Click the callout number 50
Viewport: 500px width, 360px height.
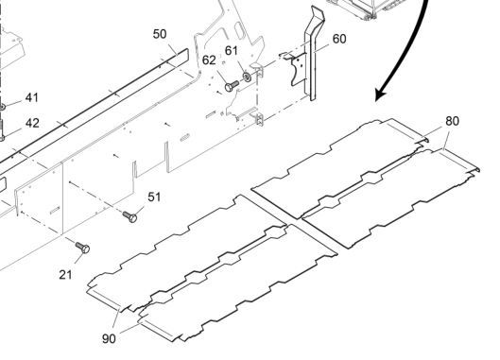point(160,34)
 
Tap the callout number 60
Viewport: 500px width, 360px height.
point(339,39)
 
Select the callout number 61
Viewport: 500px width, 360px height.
point(232,51)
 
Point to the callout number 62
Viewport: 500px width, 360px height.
point(209,60)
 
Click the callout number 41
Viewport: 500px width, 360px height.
point(31,97)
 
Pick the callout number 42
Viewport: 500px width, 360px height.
point(32,123)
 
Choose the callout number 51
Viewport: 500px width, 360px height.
point(154,197)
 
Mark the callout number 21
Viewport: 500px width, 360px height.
point(65,275)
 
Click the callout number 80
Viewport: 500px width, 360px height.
point(452,121)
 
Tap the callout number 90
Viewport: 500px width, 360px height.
point(109,338)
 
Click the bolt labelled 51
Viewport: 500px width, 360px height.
point(130,216)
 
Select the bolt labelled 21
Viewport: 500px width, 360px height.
point(82,248)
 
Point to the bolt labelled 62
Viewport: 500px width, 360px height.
point(232,86)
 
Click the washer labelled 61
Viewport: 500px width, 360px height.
point(247,77)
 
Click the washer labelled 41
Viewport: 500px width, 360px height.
point(2,107)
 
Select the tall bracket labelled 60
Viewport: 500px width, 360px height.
point(311,53)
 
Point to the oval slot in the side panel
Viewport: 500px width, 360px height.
point(184,138)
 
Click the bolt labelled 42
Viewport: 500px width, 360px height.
point(2,130)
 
